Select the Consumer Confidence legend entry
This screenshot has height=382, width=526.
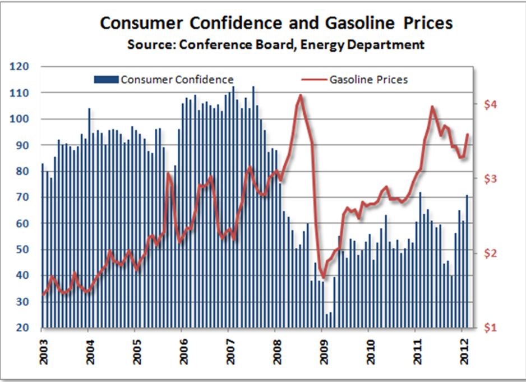pos(164,79)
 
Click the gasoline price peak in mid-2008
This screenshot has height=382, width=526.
pos(301,96)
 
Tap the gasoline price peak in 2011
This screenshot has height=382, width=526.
pos(432,107)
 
